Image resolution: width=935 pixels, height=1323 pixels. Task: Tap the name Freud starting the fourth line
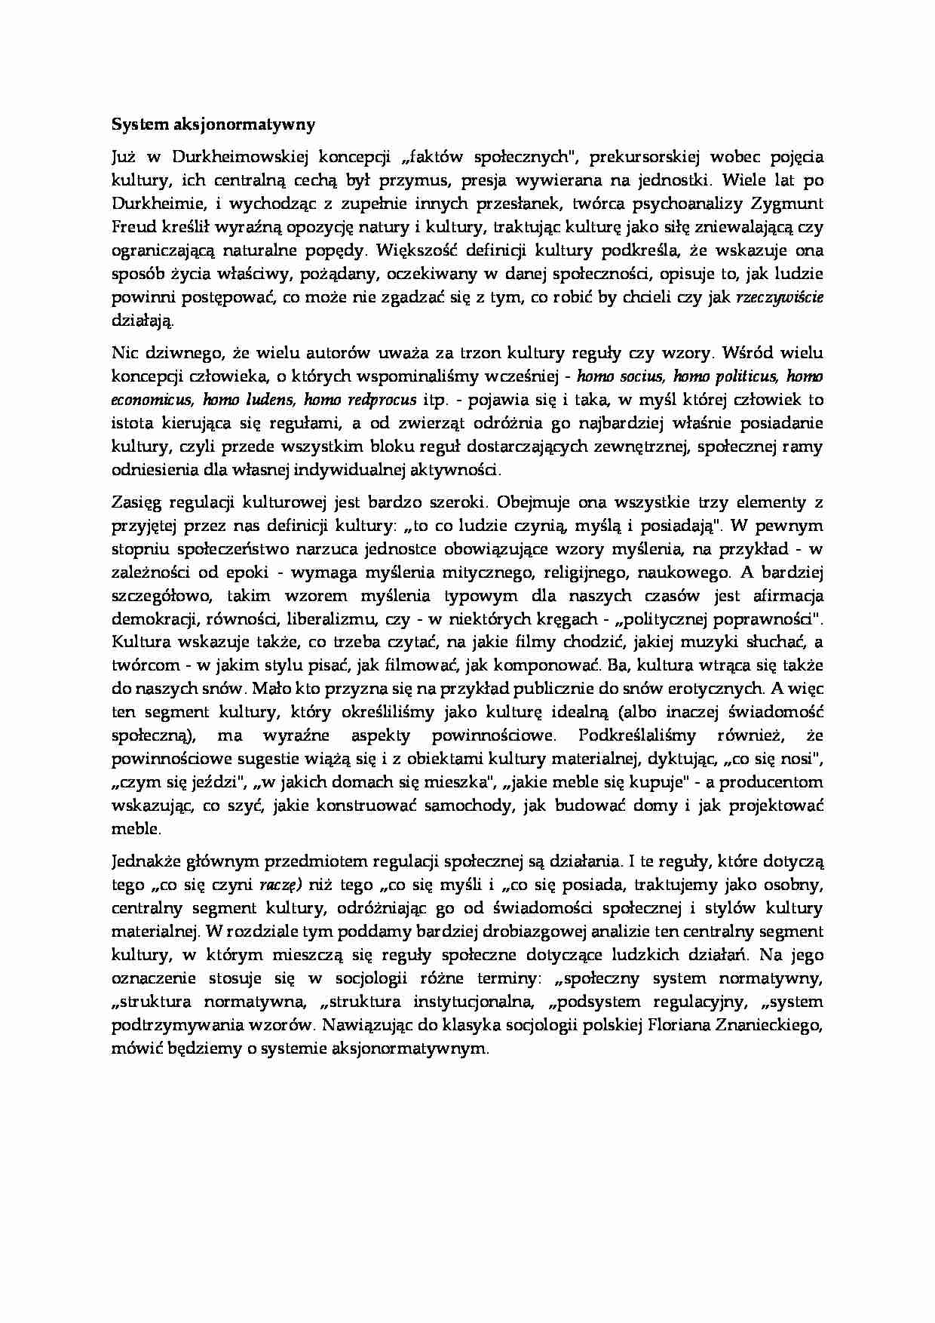(132, 227)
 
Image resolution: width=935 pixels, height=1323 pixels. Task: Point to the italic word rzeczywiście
(779, 297)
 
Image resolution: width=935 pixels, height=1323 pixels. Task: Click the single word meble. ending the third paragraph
(136, 829)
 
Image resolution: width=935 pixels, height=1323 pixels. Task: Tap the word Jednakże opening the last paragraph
(144, 861)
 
